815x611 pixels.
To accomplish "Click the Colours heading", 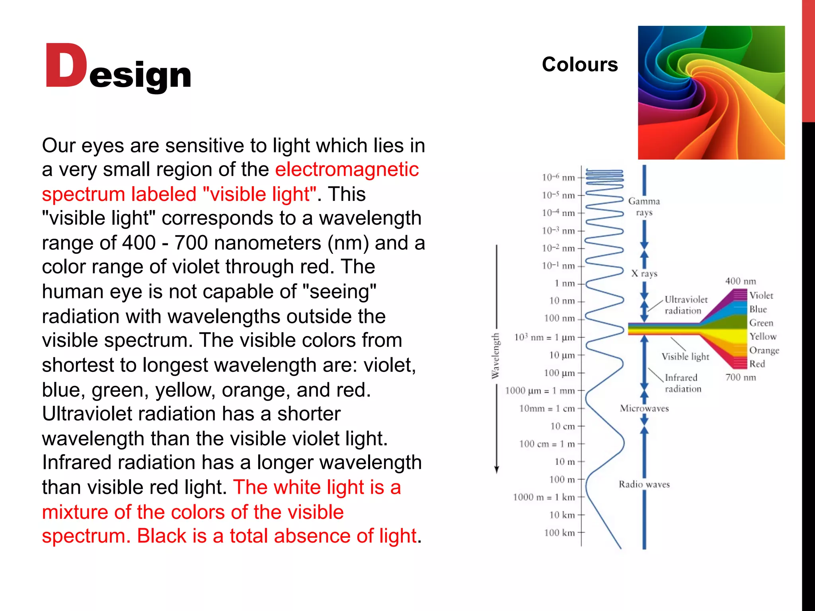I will [x=579, y=64].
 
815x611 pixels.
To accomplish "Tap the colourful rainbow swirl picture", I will [x=711, y=93].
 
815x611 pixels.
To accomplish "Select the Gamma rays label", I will [x=644, y=206].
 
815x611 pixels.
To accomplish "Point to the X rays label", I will [x=644, y=273].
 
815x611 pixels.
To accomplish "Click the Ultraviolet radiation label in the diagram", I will [x=686, y=305].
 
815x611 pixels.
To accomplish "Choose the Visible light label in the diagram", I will [x=685, y=356].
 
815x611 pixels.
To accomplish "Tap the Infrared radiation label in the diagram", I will [x=682, y=383].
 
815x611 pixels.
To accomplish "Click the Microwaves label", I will [x=644, y=409].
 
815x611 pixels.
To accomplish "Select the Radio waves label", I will [x=644, y=484].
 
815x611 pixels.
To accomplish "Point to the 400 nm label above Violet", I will [x=740, y=281].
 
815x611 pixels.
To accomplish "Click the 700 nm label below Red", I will [x=740, y=377].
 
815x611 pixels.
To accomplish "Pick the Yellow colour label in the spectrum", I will [x=763, y=337].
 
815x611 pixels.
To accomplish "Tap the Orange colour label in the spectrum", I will [x=764, y=350].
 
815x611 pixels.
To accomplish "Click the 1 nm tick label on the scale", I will [x=565, y=283].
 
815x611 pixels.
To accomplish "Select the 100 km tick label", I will [x=560, y=533].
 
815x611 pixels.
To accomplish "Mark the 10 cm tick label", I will [x=563, y=426].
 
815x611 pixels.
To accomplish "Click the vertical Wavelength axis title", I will [x=495, y=356].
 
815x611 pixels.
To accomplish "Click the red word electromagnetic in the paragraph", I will [x=347, y=169].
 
